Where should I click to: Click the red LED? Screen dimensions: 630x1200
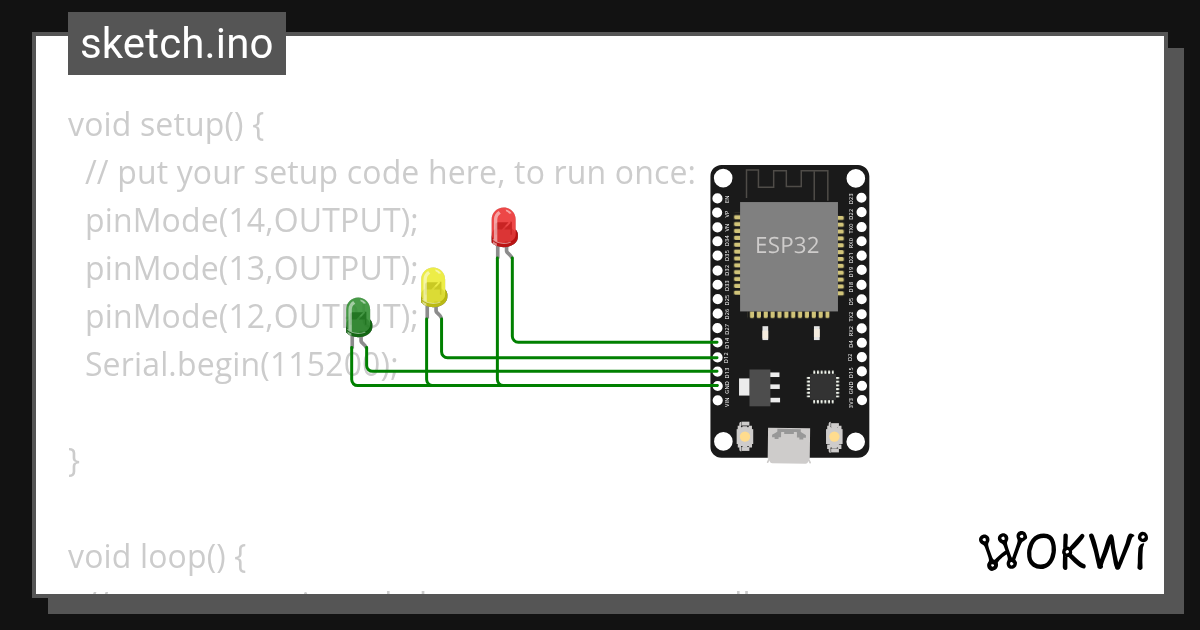tap(504, 227)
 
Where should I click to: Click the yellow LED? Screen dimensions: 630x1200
tap(433, 287)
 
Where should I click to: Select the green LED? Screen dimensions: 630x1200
tap(359, 316)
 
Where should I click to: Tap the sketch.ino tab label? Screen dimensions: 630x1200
tap(177, 44)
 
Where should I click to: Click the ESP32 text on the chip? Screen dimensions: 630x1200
tap(787, 246)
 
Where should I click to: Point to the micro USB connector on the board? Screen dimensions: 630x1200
tap(789, 445)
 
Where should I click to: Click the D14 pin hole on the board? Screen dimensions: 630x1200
tap(718, 342)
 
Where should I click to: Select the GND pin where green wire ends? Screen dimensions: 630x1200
tap(718, 385)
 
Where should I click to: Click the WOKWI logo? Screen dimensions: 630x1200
tap(1062, 551)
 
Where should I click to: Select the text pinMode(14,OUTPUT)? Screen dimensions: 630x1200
tap(251, 221)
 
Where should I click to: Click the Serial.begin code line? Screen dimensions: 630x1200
tap(240, 365)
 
